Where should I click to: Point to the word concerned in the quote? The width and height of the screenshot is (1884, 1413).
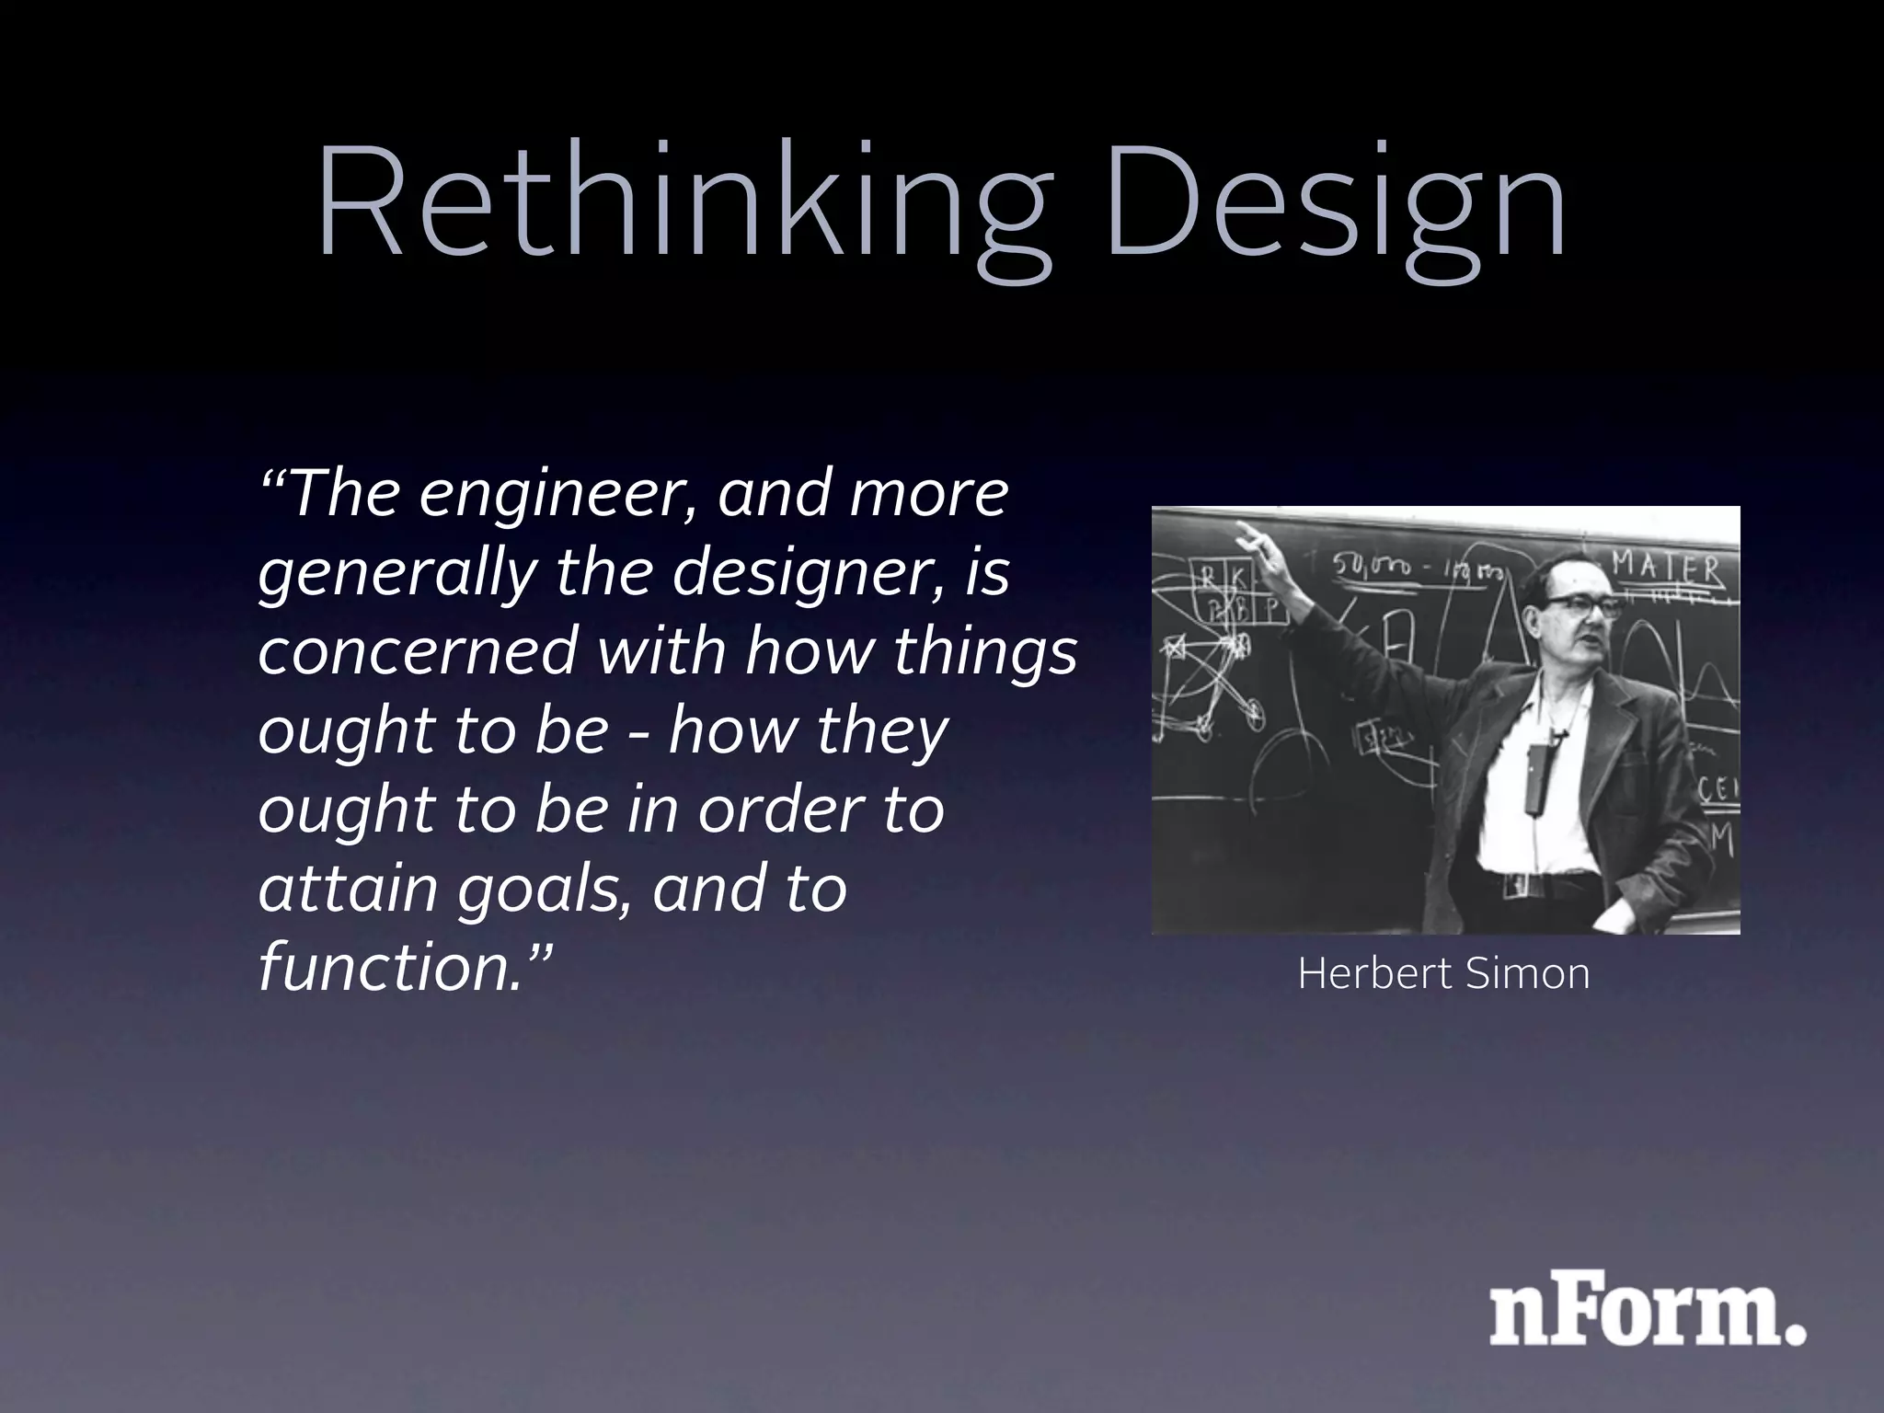click(419, 651)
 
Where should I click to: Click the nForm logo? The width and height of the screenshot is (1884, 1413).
click(1647, 1315)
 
